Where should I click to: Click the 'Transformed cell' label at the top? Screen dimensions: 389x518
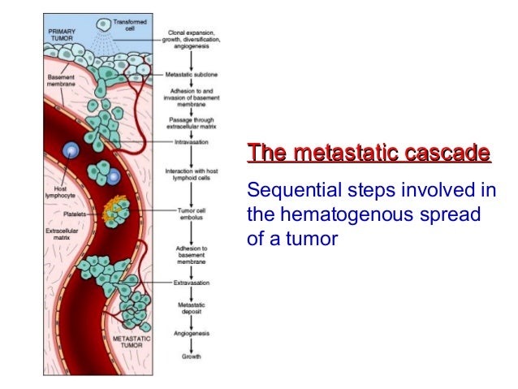[130, 25]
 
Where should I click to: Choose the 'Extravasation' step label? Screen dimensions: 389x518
[192, 283]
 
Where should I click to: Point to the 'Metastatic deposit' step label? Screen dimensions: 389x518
[192, 309]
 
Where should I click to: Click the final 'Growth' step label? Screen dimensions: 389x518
[192, 357]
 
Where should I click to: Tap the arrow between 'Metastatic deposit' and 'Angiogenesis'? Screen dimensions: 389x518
[192, 322]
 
